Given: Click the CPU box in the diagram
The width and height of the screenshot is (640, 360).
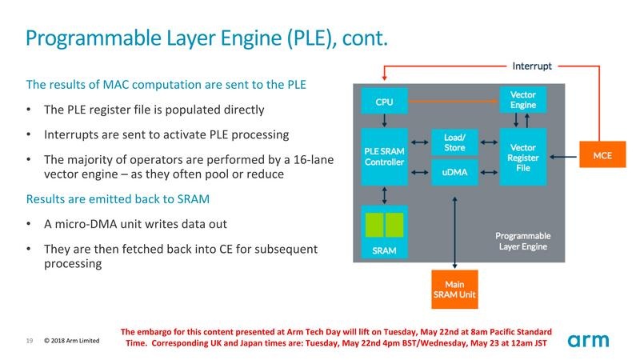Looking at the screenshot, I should (385, 102).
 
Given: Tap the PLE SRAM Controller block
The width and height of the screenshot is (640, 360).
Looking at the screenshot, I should (385, 157).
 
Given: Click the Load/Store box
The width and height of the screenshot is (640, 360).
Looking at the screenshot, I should (454, 142).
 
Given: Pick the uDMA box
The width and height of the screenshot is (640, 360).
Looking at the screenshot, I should (454, 171).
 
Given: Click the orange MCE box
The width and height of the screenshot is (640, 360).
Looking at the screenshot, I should (602, 155).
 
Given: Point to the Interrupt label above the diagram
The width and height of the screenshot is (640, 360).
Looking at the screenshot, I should (532, 66).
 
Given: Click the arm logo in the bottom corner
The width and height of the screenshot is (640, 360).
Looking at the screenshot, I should (589, 341).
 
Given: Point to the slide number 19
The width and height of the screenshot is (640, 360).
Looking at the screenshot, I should (29, 341).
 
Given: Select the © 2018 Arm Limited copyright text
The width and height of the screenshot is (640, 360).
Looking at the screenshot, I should (71, 341).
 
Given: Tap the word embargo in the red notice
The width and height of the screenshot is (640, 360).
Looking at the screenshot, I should (165, 330).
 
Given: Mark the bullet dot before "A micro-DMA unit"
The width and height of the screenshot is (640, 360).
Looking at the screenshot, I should (30, 225).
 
